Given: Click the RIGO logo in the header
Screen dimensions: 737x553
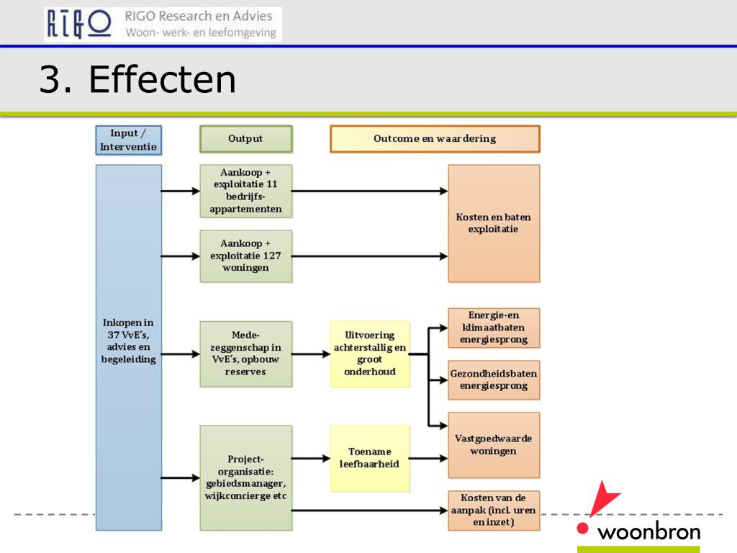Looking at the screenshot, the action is click(x=79, y=24).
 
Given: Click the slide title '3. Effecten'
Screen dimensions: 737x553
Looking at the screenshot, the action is click(x=137, y=79).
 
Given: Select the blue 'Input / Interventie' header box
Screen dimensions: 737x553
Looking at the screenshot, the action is click(x=128, y=140).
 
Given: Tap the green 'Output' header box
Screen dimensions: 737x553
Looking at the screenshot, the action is click(x=246, y=139).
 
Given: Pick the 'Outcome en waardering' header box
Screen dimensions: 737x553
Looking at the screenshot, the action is click(x=435, y=139).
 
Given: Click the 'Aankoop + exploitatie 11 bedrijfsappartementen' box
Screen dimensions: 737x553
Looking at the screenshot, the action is click(x=246, y=191).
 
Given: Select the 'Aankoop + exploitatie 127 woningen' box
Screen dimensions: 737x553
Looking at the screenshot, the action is click(x=246, y=256).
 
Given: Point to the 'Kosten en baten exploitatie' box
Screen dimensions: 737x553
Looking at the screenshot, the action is click(x=494, y=223).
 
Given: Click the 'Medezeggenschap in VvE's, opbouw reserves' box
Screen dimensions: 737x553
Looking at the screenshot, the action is click(x=246, y=354).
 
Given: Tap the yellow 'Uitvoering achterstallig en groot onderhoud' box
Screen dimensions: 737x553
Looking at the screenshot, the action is click(x=370, y=354).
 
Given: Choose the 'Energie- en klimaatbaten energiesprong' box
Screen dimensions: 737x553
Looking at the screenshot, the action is click(x=494, y=328).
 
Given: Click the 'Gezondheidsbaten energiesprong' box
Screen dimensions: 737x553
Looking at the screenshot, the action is click(x=494, y=380).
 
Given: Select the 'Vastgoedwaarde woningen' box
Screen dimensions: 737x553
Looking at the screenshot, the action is click(x=494, y=445).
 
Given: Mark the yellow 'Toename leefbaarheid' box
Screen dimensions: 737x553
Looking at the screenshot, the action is click(x=370, y=458).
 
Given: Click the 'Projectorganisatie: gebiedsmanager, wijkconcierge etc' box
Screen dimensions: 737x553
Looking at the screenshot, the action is click(x=246, y=478).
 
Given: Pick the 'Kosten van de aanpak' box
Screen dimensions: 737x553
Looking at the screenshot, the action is click(x=494, y=511).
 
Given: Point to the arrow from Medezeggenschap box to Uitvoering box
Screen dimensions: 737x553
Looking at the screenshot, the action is click(x=311, y=354).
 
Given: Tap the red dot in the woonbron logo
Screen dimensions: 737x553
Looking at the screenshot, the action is click(x=583, y=528).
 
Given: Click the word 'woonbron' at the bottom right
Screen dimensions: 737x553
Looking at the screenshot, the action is click(x=649, y=532).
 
